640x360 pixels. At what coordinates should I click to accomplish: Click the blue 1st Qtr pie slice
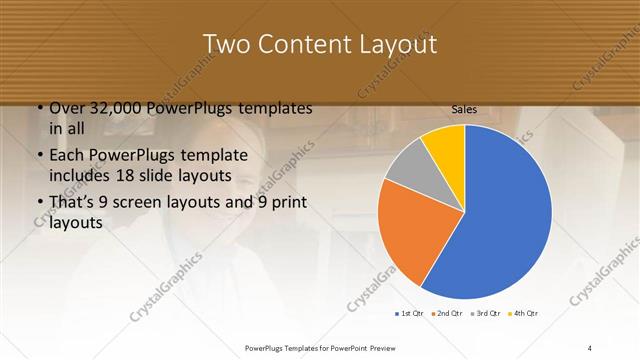click(500, 220)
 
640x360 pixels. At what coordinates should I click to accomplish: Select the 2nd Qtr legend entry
click(447, 314)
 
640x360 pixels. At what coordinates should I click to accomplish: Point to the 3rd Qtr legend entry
click(486, 314)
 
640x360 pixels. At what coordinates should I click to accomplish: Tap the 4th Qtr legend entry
click(523, 314)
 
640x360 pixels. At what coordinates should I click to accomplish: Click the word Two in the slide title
click(228, 45)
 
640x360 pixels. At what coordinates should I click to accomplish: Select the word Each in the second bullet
click(69, 156)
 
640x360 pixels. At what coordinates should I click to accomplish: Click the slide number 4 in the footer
click(590, 347)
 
